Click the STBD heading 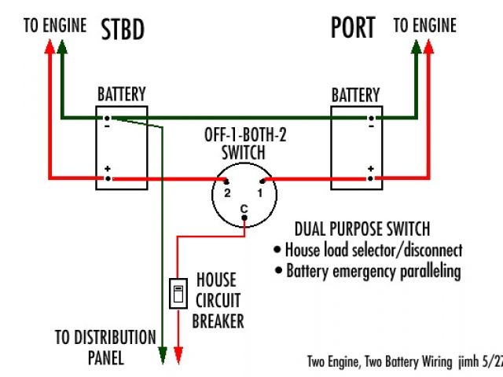click(x=123, y=30)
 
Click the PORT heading click(x=353, y=27)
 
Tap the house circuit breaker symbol click(x=178, y=294)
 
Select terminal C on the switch click(x=244, y=218)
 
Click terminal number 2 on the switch click(x=226, y=182)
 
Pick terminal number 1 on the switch click(x=262, y=181)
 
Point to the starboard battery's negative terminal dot click(x=107, y=119)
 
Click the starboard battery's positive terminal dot click(x=108, y=178)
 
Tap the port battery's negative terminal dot click(x=371, y=119)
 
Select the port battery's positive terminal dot click(x=370, y=178)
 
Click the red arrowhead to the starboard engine click(x=50, y=46)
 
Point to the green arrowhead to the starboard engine click(x=62, y=46)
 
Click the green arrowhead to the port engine click(x=416, y=46)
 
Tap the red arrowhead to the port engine click(x=428, y=46)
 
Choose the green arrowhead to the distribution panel click(x=163, y=355)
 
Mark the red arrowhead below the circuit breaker click(x=178, y=355)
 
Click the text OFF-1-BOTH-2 click(x=245, y=135)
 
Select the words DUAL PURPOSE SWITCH click(x=362, y=229)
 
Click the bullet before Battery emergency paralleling click(x=278, y=270)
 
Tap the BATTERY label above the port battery click(x=355, y=95)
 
